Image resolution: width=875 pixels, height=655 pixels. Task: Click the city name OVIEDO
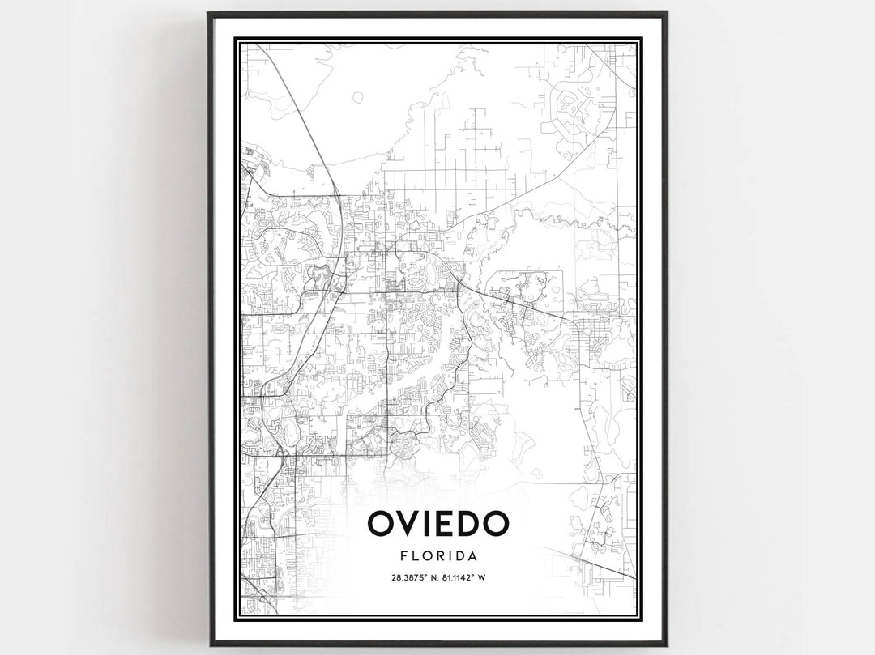click(x=437, y=524)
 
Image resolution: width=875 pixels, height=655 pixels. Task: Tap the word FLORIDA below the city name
click(x=437, y=556)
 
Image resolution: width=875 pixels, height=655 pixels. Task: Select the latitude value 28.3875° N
click(x=412, y=577)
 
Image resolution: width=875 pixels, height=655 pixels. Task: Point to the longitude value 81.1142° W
click(x=463, y=577)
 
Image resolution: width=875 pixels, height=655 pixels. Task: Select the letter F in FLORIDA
click(x=403, y=556)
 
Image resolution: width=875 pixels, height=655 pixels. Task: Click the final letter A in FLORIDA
click(x=472, y=556)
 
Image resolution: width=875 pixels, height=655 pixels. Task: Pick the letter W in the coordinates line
click(x=482, y=577)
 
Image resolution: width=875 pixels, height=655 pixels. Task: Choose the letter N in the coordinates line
click(x=432, y=577)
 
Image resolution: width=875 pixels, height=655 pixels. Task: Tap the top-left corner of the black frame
click(x=209, y=14)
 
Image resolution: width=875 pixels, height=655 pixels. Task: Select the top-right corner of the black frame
click(x=665, y=14)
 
